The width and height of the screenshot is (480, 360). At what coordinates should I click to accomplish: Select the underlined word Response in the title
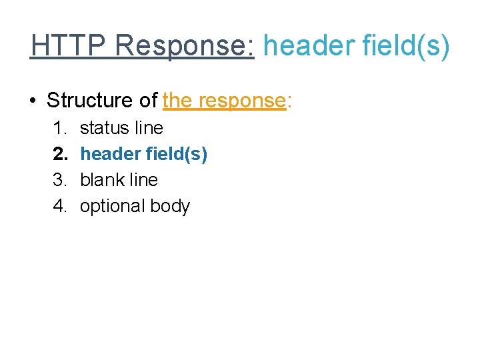[183, 46]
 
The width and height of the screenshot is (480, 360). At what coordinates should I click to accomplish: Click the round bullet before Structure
[33, 101]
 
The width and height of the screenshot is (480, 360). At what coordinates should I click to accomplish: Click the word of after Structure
[147, 101]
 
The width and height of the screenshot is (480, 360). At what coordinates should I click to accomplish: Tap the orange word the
[177, 101]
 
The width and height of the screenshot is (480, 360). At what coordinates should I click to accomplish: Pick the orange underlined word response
[240, 101]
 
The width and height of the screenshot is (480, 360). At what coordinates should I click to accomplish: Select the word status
[102, 128]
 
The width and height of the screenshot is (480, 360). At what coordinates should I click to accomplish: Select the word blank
[101, 180]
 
